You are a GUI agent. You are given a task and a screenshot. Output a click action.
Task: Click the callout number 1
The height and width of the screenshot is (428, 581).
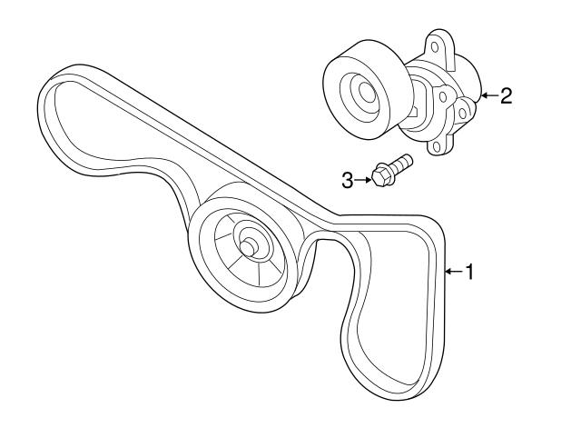[x=469, y=272]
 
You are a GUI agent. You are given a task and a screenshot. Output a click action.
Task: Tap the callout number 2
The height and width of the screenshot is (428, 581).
[x=506, y=95]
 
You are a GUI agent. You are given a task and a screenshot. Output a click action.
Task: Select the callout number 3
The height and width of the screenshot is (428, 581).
[x=348, y=181]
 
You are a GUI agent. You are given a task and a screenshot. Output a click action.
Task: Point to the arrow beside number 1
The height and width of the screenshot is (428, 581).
[x=454, y=272]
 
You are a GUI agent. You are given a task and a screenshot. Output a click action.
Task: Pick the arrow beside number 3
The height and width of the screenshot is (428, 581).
[x=363, y=180]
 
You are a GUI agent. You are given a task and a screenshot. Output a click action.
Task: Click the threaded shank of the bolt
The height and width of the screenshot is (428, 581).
[x=399, y=164]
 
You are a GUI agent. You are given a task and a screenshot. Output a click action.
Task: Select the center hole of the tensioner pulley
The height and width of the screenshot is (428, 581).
[x=367, y=92]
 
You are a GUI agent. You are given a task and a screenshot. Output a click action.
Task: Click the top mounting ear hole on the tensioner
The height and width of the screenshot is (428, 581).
[x=435, y=47]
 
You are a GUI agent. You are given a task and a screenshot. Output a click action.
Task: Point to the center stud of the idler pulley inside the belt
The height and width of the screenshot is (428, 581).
[x=247, y=247]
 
